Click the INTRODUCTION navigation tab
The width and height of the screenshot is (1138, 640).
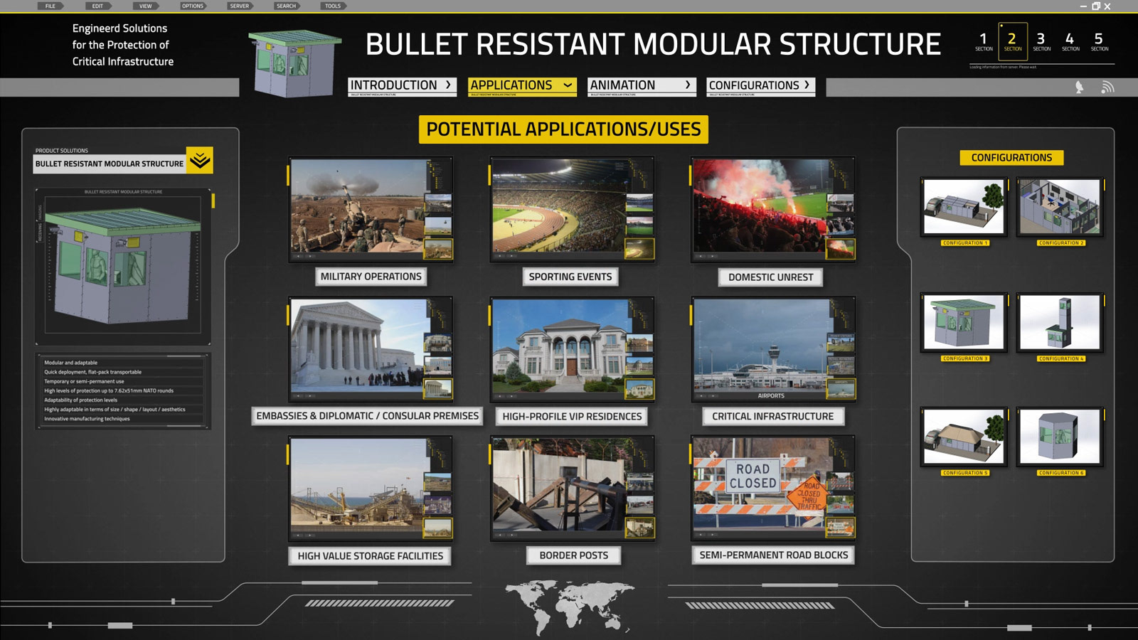pyautogui.click(x=401, y=85)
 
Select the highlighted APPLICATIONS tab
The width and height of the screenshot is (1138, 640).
pyautogui.click(x=521, y=85)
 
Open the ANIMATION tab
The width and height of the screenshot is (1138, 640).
pyautogui.click(x=639, y=85)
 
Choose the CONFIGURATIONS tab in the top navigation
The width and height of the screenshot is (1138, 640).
pyautogui.click(x=760, y=85)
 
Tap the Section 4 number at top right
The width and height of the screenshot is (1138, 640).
pyautogui.click(x=1070, y=41)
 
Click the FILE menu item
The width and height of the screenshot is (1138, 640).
pyautogui.click(x=50, y=6)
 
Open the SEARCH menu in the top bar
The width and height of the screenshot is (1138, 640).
pyautogui.click(x=286, y=6)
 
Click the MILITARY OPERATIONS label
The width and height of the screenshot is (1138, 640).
pyautogui.click(x=371, y=277)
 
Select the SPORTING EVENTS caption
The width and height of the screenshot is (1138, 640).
pyautogui.click(x=570, y=277)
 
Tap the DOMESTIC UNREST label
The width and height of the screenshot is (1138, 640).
pyautogui.click(x=770, y=277)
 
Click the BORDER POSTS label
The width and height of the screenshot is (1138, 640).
pyautogui.click(x=573, y=555)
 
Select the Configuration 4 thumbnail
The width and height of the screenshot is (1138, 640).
pyautogui.click(x=1060, y=323)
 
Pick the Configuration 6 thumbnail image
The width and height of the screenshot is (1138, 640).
pyautogui.click(x=1060, y=437)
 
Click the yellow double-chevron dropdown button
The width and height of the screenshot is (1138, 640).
pyautogui.click(x=200, y=161)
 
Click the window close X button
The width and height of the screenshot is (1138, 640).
pyautogui.click(x=1107, y=6)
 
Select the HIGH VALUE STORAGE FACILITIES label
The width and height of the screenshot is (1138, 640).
pyautogui.click(x=370, y=556)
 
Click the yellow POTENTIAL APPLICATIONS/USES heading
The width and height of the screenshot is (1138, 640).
pyautogui.click(x=563, y=129)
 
